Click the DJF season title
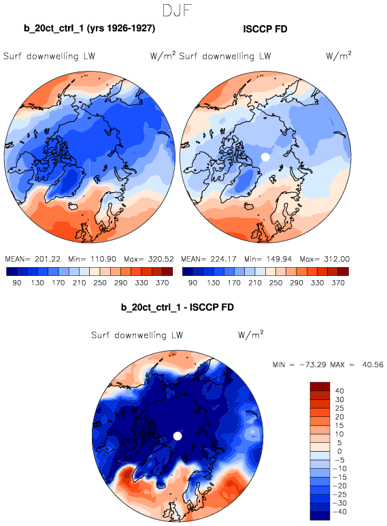tap(177, 10)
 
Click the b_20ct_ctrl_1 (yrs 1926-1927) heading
tap(89, 28)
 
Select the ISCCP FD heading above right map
tap(265, 29)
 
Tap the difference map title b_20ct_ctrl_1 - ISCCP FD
tap(178, 307)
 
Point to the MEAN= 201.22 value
tap(33, 259)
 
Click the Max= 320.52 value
tap(149, 259)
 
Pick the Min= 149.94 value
tap(268, 259)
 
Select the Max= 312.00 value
tap(324, 259)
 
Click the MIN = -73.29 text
tap(299, 365)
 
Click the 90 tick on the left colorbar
tap(17, 283)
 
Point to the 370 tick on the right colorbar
tap(338, 283)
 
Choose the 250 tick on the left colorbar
tap(100, 283)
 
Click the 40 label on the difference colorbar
tap(339, 391)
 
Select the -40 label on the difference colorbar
tap(339, 512)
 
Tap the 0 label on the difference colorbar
tap(339, 451)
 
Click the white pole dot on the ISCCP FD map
tap(265, 157)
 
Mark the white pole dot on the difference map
tap(178, 436)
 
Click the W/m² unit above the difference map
tap(251, 334)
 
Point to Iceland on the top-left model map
tap(73, 206)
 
